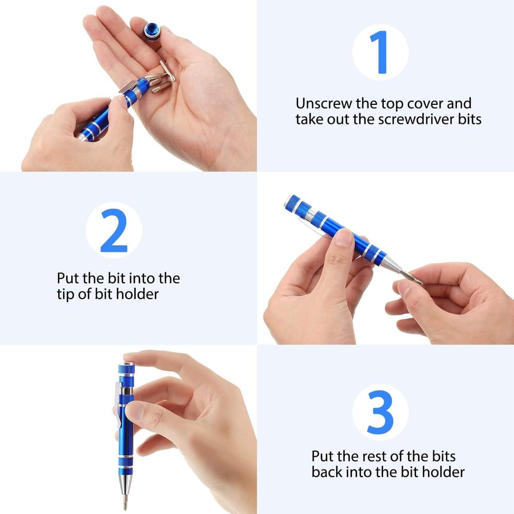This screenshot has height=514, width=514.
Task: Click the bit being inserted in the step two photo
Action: point(411,278)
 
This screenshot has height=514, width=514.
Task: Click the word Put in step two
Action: point(68,278)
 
